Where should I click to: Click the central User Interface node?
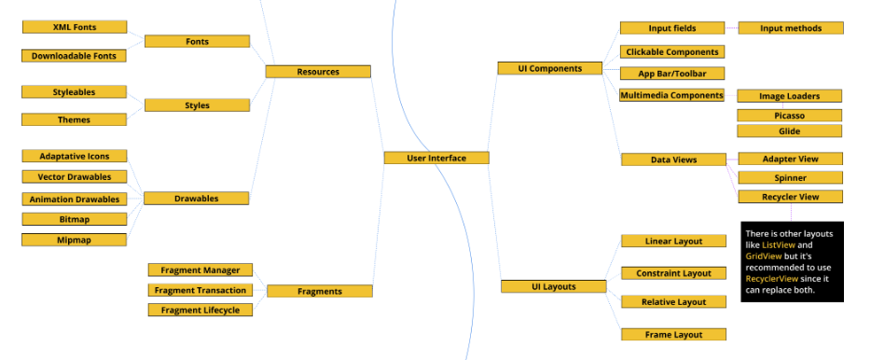[x=436, y=158]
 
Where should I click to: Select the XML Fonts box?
[x=74, y=27]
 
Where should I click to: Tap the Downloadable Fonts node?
[x=74, y=56]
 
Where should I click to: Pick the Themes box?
[x=74, y=119]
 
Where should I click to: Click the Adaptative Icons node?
[x=74, y=156]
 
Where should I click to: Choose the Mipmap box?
[x=74, y=240]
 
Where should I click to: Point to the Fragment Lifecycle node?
[x=200, y=310]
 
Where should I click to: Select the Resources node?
[x=318, y=71]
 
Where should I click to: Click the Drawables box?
[x=197, y=198]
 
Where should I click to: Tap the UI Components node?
[x=550, y=68]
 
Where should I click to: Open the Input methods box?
[x=791, y=28]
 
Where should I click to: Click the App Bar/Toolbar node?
[x=672, y=73]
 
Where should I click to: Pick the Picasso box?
[x=789, y=115]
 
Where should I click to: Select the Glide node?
[x=789, y=132]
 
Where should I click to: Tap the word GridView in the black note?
[x=764, y=256]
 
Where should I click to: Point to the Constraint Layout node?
[x=672, y=273]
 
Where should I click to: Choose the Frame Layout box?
[x=672, y=334]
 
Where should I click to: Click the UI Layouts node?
[x=553, y=286]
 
